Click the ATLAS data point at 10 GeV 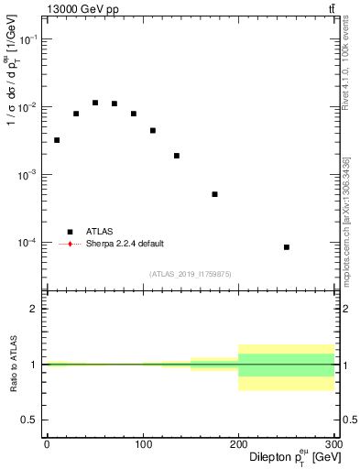point(57,140)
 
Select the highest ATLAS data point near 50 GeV point(95,103)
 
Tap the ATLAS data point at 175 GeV point(214,194)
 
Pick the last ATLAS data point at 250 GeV point(287,247)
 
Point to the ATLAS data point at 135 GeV point(177,156)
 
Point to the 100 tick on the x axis point(143,444)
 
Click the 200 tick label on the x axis point(238,444)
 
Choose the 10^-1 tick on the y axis point(27,39)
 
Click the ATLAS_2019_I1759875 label point(191,274)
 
